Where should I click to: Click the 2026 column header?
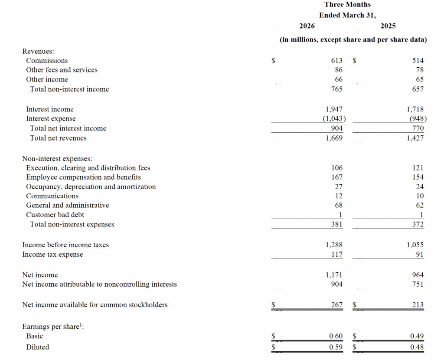point(307,26)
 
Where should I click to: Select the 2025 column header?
point(388,26)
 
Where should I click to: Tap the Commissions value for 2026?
point(336,61)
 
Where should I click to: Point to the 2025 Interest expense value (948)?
point(418,119)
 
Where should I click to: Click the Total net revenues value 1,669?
point(334,138)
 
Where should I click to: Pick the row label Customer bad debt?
point(55,215)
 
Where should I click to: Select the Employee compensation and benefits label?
point(83,177)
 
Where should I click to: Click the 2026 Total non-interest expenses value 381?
point(336,225)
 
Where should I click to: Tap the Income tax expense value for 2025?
point(419,255)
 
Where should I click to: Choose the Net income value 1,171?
point(334,275)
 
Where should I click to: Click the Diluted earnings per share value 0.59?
point(335,347)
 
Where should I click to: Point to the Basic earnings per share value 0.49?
point(417,336)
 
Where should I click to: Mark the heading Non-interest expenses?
point(57,159)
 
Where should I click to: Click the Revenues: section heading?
point(38,51)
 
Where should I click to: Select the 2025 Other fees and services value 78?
point(419,70)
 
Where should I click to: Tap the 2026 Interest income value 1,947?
point(334,109)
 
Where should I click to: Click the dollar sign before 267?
point(273,305)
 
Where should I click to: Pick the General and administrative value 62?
point(419,206)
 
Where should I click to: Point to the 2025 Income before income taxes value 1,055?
point(415,245)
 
